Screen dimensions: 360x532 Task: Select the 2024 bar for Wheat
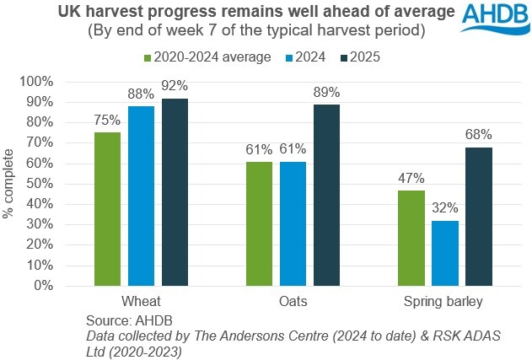[142, 196]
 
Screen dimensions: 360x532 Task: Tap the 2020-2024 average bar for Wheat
[108, 209]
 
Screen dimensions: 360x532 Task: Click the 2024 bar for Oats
[293, 223]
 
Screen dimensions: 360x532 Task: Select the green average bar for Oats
[259, 223]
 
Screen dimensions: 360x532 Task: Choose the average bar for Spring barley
[410, 238]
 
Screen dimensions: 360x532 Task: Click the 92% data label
[175, 86]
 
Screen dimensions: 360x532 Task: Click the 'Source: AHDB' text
[126, 321]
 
